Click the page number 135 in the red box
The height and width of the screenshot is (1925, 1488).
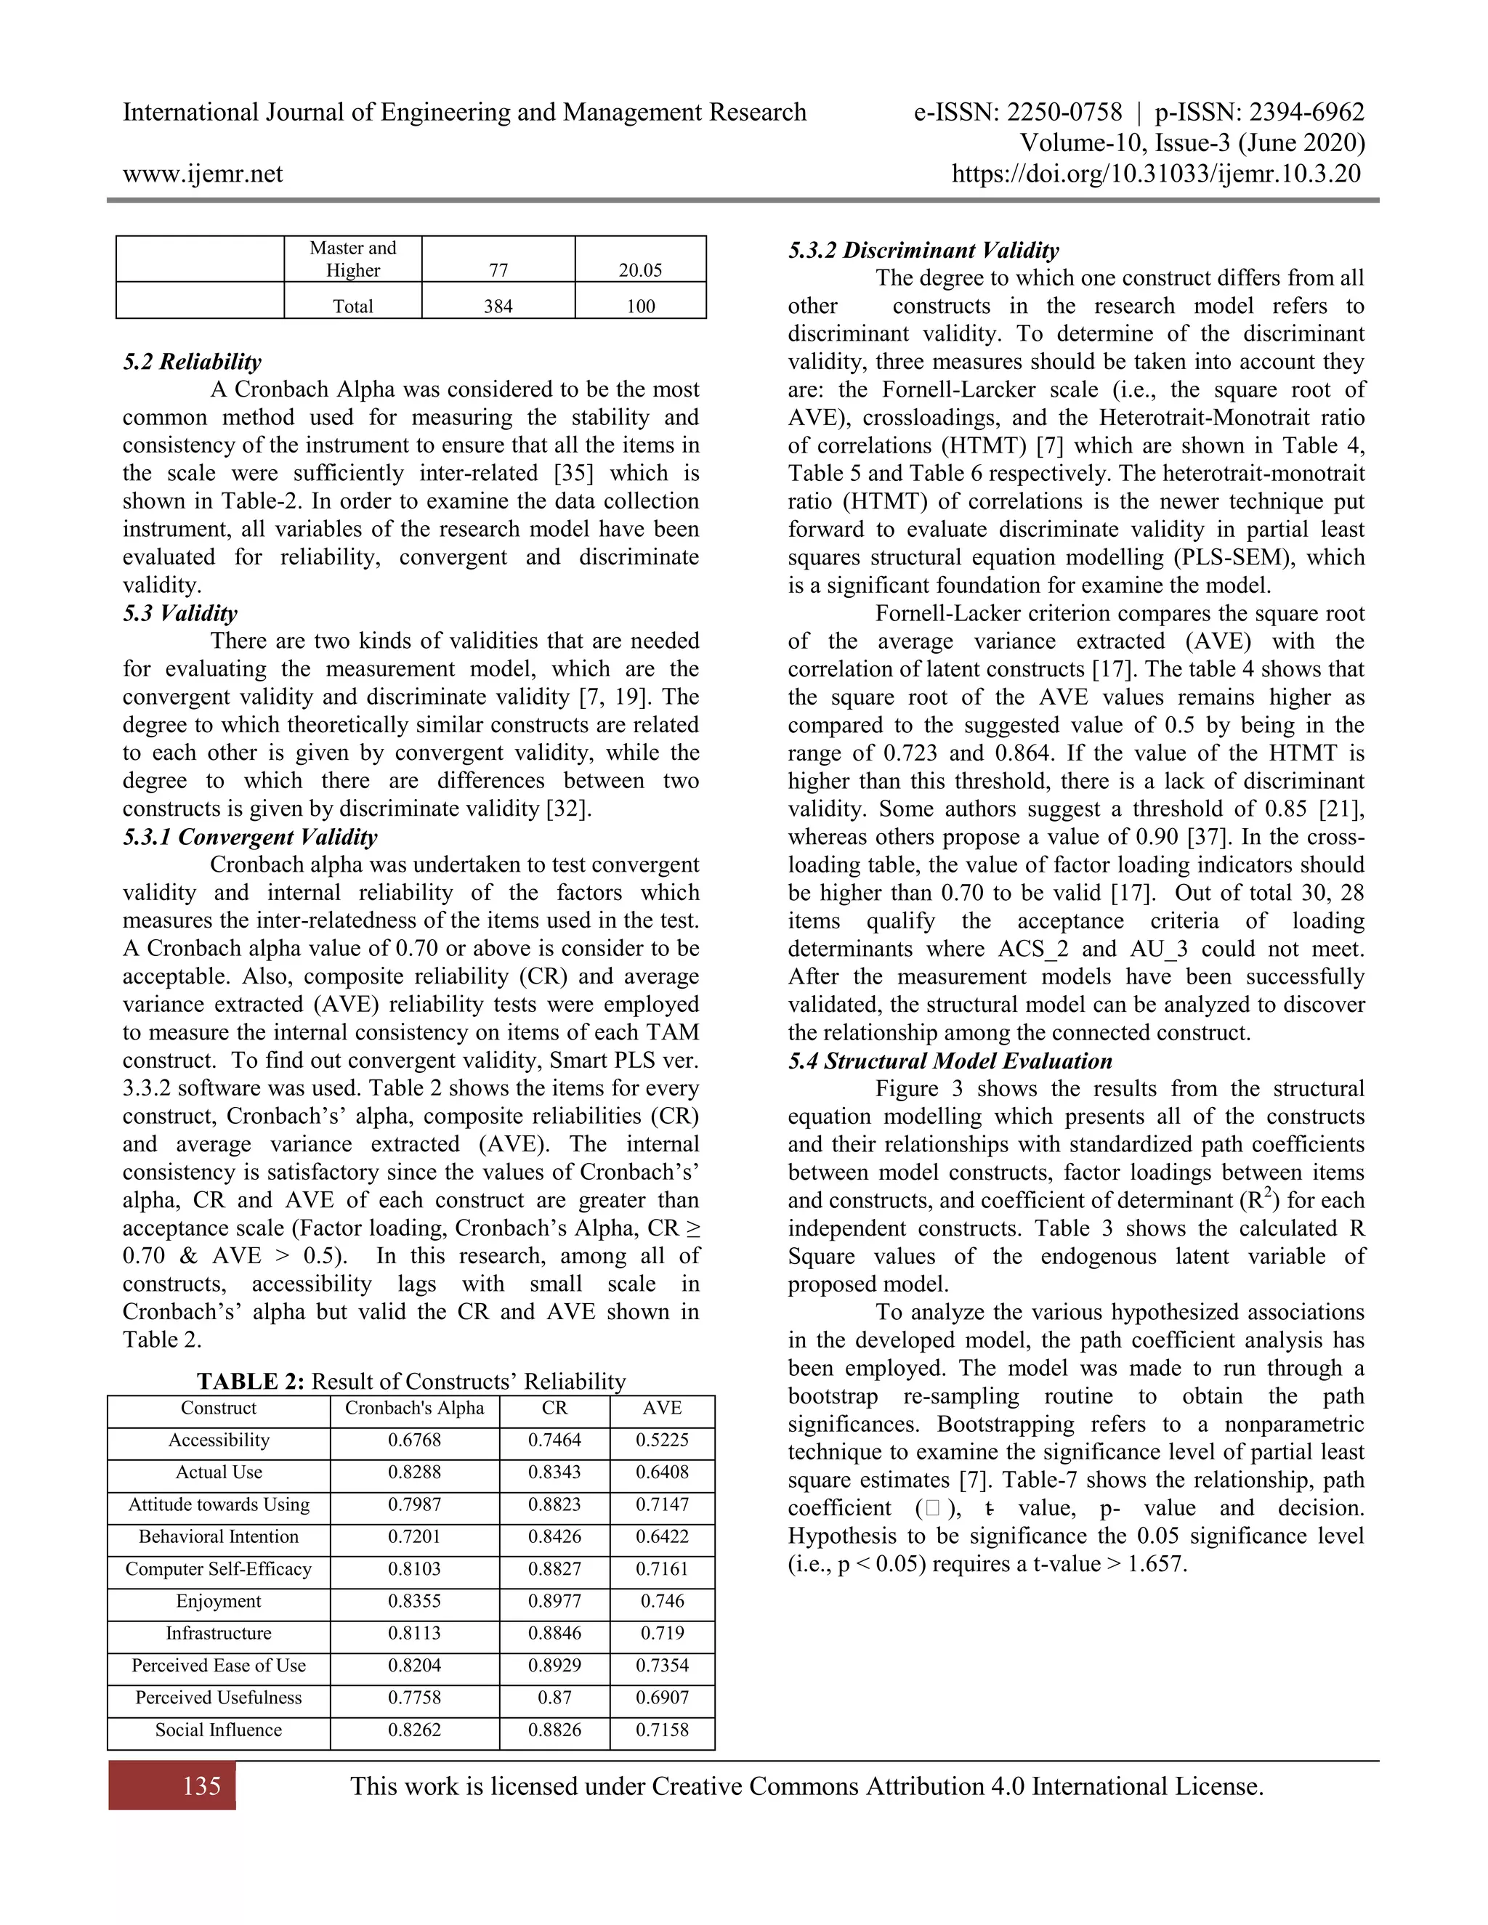pos(202,1786)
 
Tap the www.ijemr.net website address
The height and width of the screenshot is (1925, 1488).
pos(203,174)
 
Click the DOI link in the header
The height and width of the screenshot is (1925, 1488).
pos(1156,174)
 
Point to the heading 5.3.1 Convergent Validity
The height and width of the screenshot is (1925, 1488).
pos(251,836)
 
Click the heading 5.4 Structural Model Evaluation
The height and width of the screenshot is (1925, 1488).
pos(950,1061)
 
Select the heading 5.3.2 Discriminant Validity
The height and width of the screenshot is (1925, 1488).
pos(923,251)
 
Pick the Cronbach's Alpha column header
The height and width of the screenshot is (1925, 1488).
pos(414,1409)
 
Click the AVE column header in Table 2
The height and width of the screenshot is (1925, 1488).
pos(662,1409)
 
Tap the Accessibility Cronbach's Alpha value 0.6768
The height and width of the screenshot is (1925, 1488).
pos(414,1440)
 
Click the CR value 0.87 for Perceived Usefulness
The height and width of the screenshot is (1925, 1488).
pos(554,1698)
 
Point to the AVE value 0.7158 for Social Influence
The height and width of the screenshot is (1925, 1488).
pos(662,1730)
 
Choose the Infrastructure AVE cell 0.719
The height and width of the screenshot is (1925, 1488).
pos(662,1633)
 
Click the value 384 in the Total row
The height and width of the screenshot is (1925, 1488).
pos(498,306)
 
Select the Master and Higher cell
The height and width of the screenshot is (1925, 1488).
pos(352,259)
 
